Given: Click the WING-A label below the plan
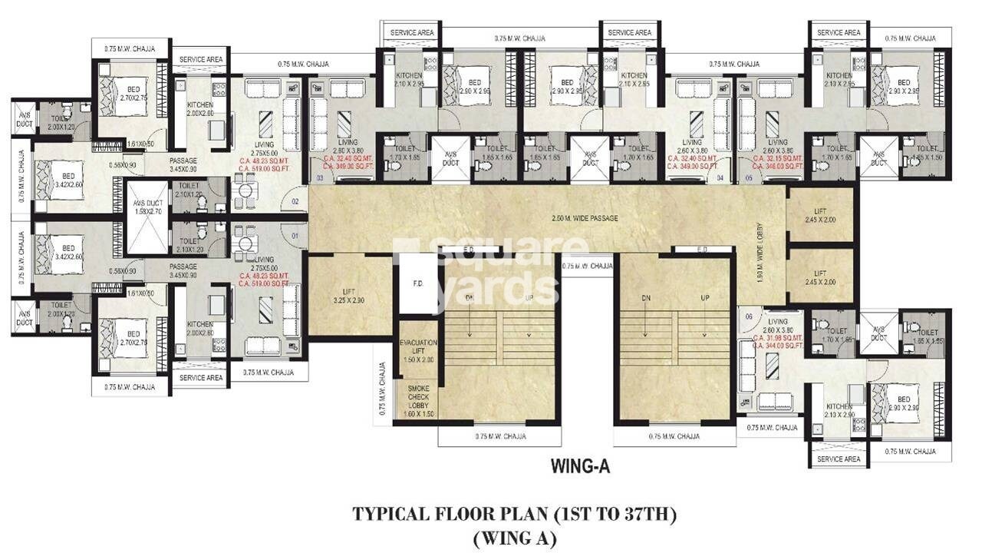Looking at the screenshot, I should pos(580,465).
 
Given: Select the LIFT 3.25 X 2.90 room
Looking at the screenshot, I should pos(350,296).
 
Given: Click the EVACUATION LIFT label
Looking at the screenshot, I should pos(418,350).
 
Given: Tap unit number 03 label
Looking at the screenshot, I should pos(318,177).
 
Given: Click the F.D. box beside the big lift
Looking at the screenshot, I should pos(418,284).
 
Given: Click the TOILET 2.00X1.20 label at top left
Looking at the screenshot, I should pos(61,124).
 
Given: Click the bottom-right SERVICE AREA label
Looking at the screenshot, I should pos(839,459).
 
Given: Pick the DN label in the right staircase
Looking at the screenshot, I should pos(646,297).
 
